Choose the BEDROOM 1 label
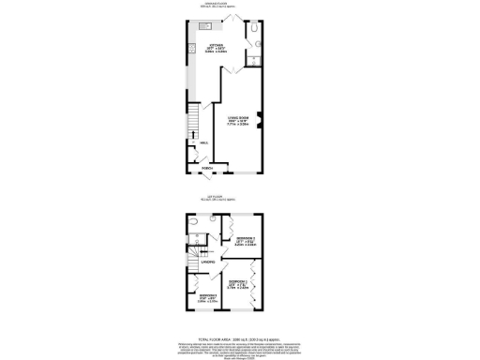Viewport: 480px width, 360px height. pyautogui.click(x=240, y=281)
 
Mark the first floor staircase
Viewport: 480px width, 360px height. pyautogui.click(x=194, y=254)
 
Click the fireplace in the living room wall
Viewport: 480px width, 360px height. pyautogui.click(x=262, y=117)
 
